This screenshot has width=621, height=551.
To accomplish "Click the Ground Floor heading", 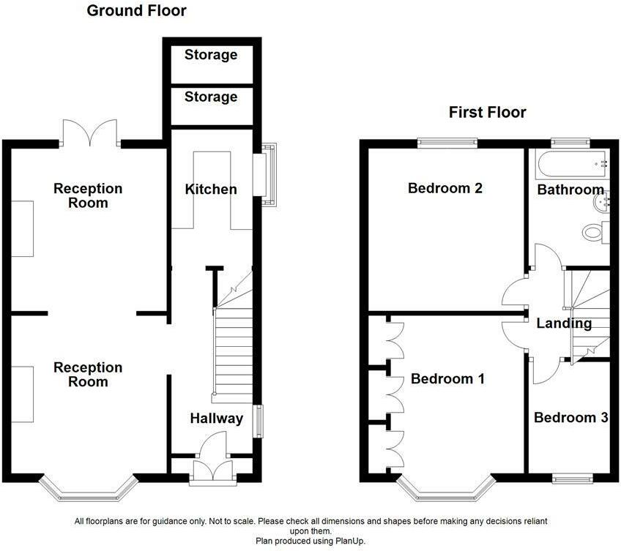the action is coord(136,11).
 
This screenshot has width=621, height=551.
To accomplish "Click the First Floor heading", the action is coord(487,113).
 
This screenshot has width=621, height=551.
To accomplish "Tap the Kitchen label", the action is coord(211,190).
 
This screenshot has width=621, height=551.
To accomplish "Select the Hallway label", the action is coord(217,419).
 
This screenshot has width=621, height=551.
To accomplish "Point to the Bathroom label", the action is coord(570,190).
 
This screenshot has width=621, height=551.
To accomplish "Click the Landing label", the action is coord(564,323).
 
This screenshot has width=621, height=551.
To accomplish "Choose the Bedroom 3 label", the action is coord(571,417).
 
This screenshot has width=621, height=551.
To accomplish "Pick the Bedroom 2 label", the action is coord(445,188).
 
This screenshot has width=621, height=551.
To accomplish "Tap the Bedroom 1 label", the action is coord(447,379).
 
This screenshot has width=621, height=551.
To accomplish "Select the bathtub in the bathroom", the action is coord(571,164).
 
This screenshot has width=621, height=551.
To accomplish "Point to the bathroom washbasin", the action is coord(602,202).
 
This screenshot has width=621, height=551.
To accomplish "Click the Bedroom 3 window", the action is coord(573,479).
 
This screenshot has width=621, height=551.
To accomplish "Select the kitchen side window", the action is coord(264,175).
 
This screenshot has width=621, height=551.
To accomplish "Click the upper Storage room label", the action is coord(211,55).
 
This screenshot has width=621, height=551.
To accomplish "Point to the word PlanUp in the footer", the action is coord(350,541).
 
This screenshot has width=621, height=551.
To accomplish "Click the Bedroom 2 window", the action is coord(448,143).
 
